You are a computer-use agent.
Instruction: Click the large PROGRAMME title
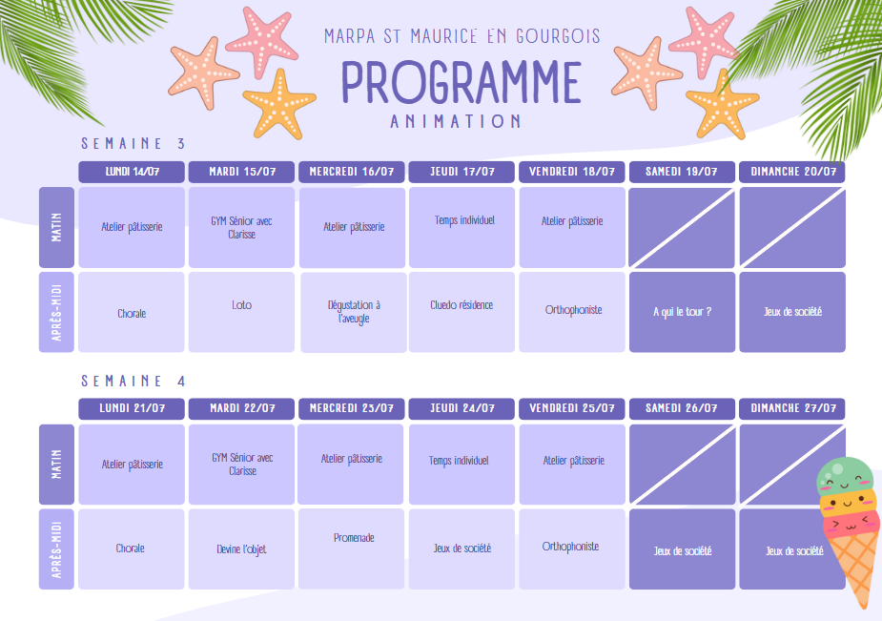462,82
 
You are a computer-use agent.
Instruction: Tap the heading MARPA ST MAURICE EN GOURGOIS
462,36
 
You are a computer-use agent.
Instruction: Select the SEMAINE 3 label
133,143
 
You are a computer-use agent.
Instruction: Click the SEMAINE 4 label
133,381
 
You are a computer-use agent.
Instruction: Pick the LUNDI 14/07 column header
132,172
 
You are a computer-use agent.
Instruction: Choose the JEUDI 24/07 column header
462,408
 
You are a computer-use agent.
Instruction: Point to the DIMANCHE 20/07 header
792,172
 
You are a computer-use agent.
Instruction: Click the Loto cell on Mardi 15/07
241,312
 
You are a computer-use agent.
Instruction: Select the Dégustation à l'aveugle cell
354,312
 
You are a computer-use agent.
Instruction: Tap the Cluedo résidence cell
462,312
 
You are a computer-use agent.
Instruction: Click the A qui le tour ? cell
683,312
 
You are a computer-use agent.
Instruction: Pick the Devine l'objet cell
241,549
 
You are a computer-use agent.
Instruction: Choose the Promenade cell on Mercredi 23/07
351,549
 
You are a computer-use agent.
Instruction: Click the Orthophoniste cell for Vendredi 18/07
572,312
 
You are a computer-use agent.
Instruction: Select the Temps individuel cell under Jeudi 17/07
462,227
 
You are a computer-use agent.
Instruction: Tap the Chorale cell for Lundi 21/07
131,549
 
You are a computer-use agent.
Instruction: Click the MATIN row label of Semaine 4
56,465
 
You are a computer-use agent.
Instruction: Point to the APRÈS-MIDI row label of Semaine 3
56,312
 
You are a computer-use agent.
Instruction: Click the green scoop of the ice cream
845,475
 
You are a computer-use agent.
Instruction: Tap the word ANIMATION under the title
456,121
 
